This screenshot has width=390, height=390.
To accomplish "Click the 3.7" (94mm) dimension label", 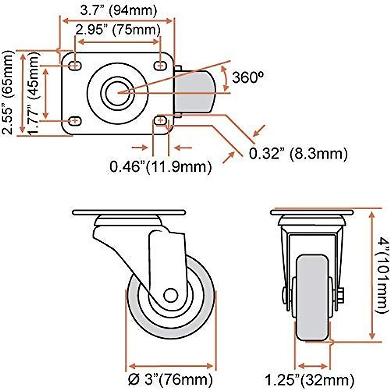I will tap(119, 10).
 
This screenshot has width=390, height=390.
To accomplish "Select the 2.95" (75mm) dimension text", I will tap(118, 30).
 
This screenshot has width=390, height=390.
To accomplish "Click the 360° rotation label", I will tap(248, 77).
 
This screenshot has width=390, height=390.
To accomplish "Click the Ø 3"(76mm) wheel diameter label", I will tap(170, 379).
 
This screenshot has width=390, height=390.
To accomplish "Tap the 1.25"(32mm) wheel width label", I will tap(309, 379).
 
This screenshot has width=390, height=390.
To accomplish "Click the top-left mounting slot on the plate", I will tap(75, 65).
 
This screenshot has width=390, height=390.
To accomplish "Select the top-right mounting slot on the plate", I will tap(160, 65).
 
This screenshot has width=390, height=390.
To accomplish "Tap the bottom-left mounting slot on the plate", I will tap(75, 121).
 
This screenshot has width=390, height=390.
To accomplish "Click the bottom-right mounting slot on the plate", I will tap(160, 121).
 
